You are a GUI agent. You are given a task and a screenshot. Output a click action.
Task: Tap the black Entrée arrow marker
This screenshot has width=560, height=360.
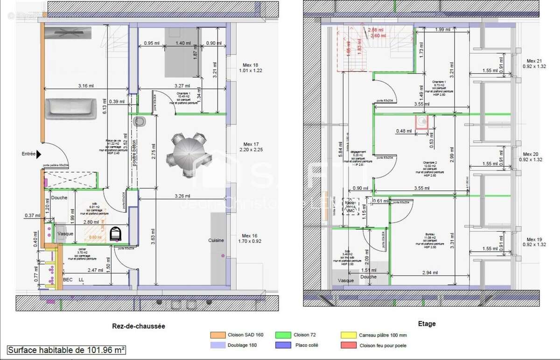[x=39, y=154]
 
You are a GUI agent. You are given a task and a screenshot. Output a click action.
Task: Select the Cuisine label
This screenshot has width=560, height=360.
[x=216, y=240]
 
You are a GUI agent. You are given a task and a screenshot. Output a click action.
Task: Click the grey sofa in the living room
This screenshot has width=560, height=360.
[x=71, y=109]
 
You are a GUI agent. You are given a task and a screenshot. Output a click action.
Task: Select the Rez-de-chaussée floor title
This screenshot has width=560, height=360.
[x=139, y=326]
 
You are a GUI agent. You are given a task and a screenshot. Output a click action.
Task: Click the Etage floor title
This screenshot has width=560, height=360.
[x=427, y=324]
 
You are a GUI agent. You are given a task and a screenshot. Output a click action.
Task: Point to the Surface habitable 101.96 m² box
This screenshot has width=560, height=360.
[x=67, y=350]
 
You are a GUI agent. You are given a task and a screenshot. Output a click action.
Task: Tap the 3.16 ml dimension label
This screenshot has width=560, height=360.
[x=85, y=86]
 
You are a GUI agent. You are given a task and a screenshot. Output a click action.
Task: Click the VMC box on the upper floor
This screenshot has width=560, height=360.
[x=350, y=211]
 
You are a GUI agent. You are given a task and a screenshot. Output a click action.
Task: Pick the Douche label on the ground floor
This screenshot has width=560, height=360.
[x=59, y=198]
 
